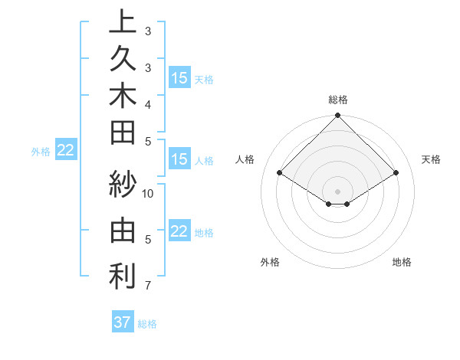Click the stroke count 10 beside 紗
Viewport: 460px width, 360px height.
click(x=148, y=193)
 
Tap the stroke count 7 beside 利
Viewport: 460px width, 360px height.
click(x=148, y=286)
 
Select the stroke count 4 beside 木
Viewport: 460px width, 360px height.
click(x=148, y=103)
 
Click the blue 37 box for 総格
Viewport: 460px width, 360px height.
click(x=122, y=322)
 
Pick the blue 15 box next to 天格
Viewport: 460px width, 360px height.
click(x=179, y=78)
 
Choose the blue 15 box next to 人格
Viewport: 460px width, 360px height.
click(x=179, y=159)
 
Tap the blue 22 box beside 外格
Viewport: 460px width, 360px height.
click(x=65, y=151)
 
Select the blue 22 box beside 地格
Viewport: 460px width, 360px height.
click(x=179, y=231)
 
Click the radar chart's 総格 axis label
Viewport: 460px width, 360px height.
click(x=338, y=100)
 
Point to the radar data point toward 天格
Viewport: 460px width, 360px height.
click(x=396, y=173)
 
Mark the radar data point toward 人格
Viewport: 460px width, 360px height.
click(x=280, y=173)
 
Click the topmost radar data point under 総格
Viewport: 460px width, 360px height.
click(x=338, y=116)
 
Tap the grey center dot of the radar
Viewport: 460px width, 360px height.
click(x=338, y=191)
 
